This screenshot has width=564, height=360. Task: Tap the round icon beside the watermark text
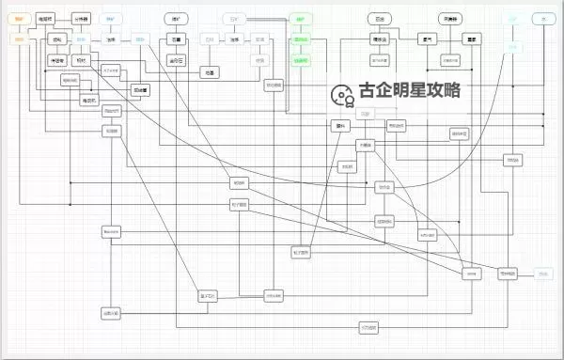pos(340,92)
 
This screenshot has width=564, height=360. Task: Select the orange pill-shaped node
pos(20,19)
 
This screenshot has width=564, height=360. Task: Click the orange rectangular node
pos(20,39)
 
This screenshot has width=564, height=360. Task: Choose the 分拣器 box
pos(83,19)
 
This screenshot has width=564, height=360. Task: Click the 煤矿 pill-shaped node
pos(175,19)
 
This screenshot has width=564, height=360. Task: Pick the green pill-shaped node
pos(300,19)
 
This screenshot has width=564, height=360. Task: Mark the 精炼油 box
pos(379,39)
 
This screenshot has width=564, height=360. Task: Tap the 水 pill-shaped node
pos(541,19)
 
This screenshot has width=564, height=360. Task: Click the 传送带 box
pos(57,59)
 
